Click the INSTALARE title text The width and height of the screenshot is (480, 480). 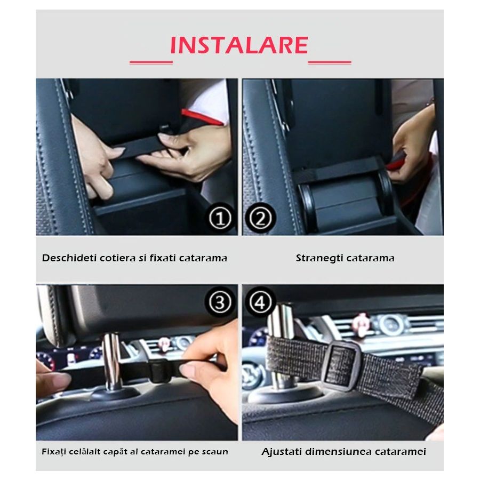pos(239,45)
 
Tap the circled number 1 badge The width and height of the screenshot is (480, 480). pos(219,219)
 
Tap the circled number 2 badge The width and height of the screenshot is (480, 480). pos(260,219)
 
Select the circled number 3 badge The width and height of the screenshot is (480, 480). pos(219,303)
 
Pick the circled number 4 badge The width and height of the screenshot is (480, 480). pos(260,303)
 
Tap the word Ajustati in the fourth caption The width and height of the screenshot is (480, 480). pos(282,452)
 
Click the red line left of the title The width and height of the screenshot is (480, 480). pos(151,62)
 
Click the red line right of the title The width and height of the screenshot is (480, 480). pos(330,62)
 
